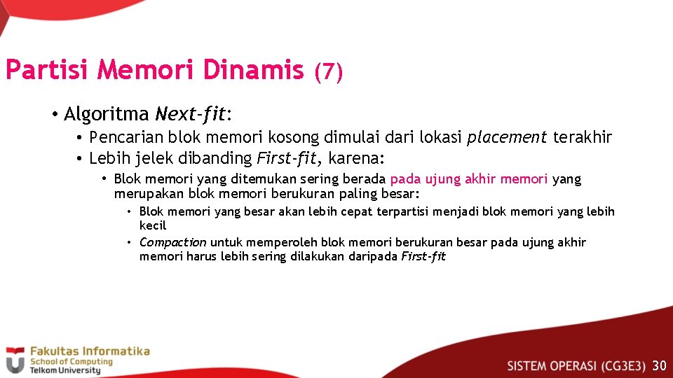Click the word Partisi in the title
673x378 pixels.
[x=48, y=70]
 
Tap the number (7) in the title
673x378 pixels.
[x=328, y=71]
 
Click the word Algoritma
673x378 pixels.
[x=107, y=113]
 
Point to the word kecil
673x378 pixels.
[x=153, y=225]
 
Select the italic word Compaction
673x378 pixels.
[x=173, y=242]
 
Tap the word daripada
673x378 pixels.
[x=375, y=256]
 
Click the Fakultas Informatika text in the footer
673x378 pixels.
[x=89, y=351]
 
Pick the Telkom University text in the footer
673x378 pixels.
[x=64, y=370]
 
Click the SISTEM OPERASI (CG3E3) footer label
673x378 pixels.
[x=576, y=365]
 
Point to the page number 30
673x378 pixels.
[x=659, y=365]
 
